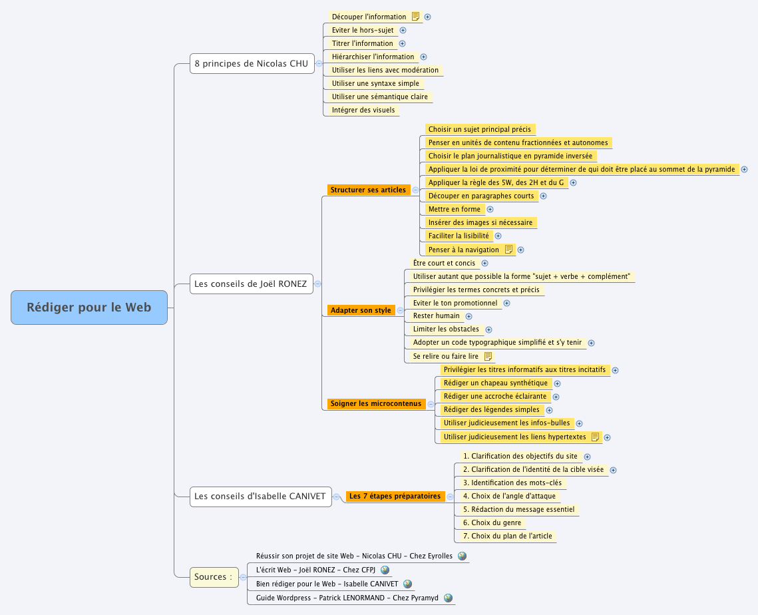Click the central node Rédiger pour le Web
[89, 307]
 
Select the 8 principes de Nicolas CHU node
[252, 64]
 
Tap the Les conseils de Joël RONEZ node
[250, 284]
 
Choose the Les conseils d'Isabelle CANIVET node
[260, 496]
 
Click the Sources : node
[214, 576]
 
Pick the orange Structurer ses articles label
[368, 190]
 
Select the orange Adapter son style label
[361, 310]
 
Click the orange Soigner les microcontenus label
[376, 403]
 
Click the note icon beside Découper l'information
[415, 17]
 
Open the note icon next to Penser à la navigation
[508, 250]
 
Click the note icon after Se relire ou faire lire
[488, 356]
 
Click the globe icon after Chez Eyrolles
[462, 556]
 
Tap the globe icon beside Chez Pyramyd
[448, 598]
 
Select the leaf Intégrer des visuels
[363, 110]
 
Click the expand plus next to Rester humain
[469, 316]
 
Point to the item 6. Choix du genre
[492, 522]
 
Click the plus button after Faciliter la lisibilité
[498, 236]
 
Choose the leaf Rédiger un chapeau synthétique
[495, 383]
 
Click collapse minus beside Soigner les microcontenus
[431, 404]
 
